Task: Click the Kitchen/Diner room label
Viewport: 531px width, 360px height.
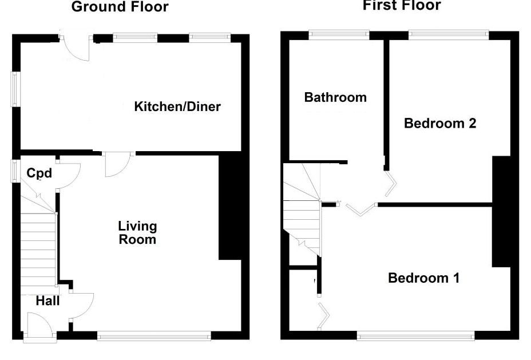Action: click(x=177, y=106)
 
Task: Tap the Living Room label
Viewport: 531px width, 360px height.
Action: click(x=137, y=232)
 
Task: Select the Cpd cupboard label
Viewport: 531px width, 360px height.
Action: click(x=39, y=173)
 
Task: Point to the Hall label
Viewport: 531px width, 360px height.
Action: click(x=47, y=300)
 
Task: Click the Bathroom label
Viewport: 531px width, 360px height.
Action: click(x=335, y=97)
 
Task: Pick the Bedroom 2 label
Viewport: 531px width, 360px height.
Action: click(x=440, y=123)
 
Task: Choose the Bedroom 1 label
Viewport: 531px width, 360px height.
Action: click(x=423, y=278)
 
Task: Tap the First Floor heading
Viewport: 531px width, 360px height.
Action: click(x=402, y=6)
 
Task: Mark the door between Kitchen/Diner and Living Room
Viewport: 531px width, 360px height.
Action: click(x=118, y=164)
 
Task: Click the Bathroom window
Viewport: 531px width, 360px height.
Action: click(x=339, y=34)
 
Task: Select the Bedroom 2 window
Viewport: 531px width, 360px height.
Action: click(x=448, y=34)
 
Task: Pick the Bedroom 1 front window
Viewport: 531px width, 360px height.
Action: click(x=415, y=336)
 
